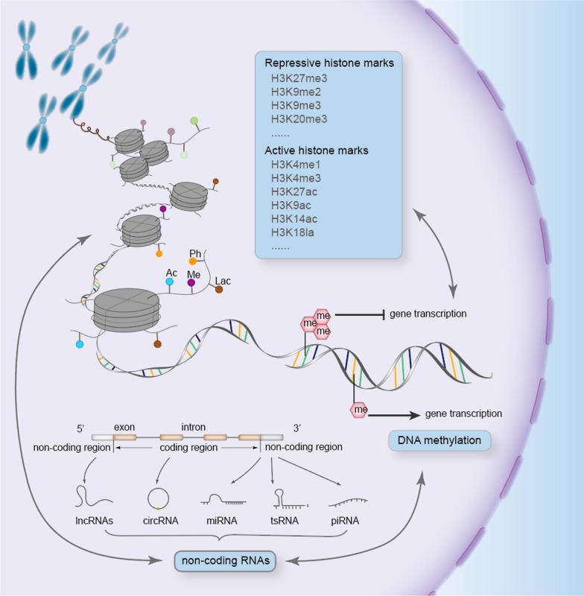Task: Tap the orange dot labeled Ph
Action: (192, 261)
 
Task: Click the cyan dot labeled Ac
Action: (171, 283)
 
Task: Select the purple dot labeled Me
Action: (192, 283)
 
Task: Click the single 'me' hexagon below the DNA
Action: (361, 410)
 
